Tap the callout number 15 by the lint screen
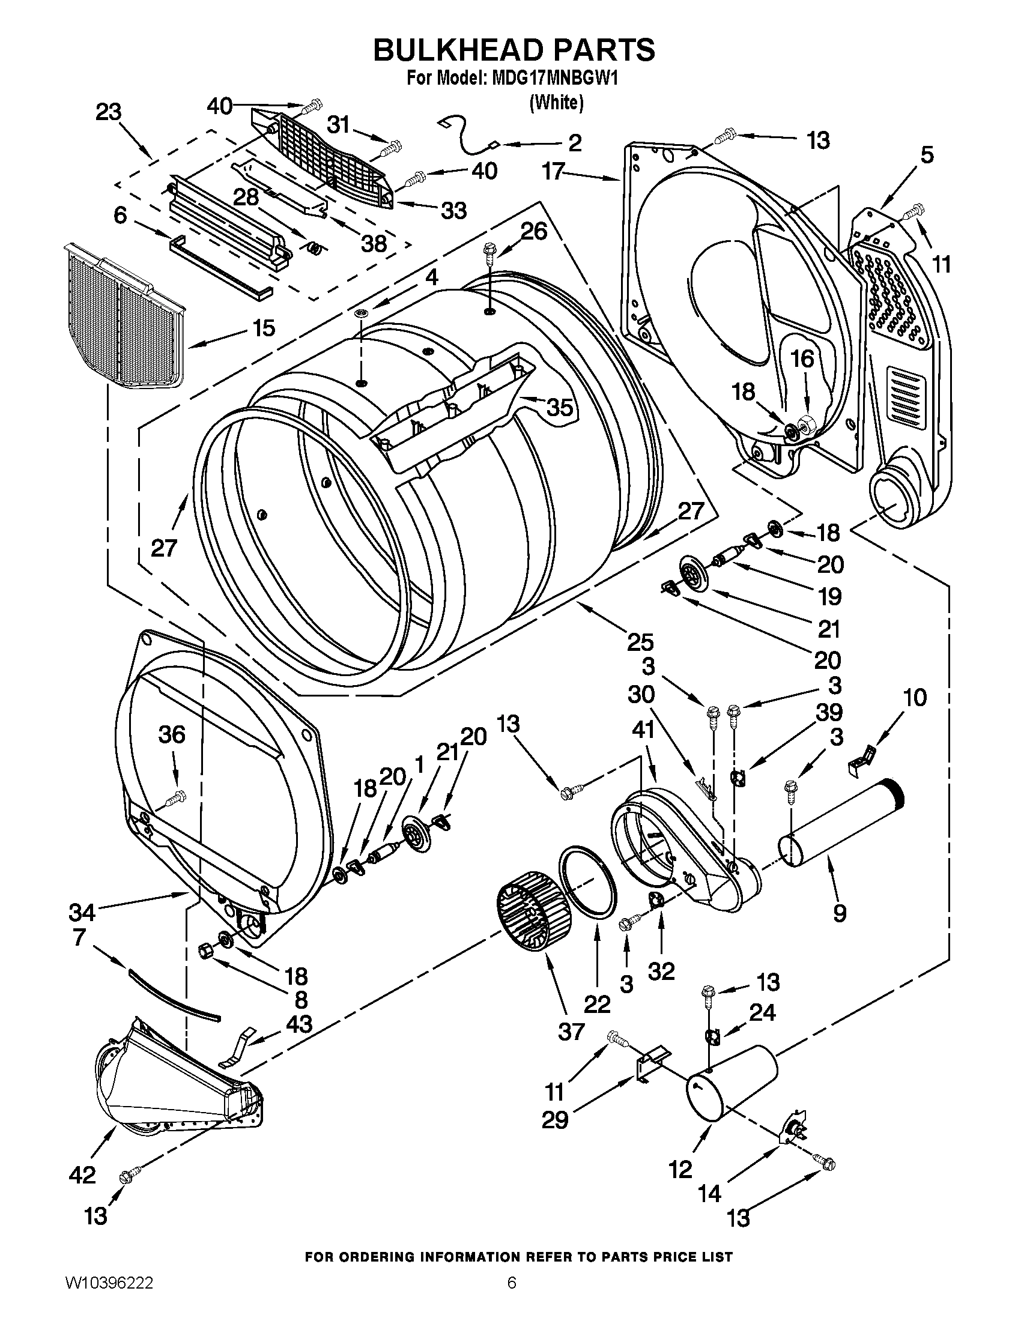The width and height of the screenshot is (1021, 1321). tap(264, 328)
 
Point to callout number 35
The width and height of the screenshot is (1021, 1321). tap(559, 408)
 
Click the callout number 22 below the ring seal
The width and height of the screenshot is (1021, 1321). tap(597, 1005)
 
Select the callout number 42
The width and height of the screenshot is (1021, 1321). tap(82, 1175)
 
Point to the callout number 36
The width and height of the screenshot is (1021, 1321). tap(172, 735)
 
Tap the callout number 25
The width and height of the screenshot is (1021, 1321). tap(640, 642)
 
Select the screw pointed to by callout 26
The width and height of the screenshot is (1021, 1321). tap(489, 253)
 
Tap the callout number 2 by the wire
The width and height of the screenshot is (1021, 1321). tap(575, 143)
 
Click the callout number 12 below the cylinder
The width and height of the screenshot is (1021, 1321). tap(680, 1170)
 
